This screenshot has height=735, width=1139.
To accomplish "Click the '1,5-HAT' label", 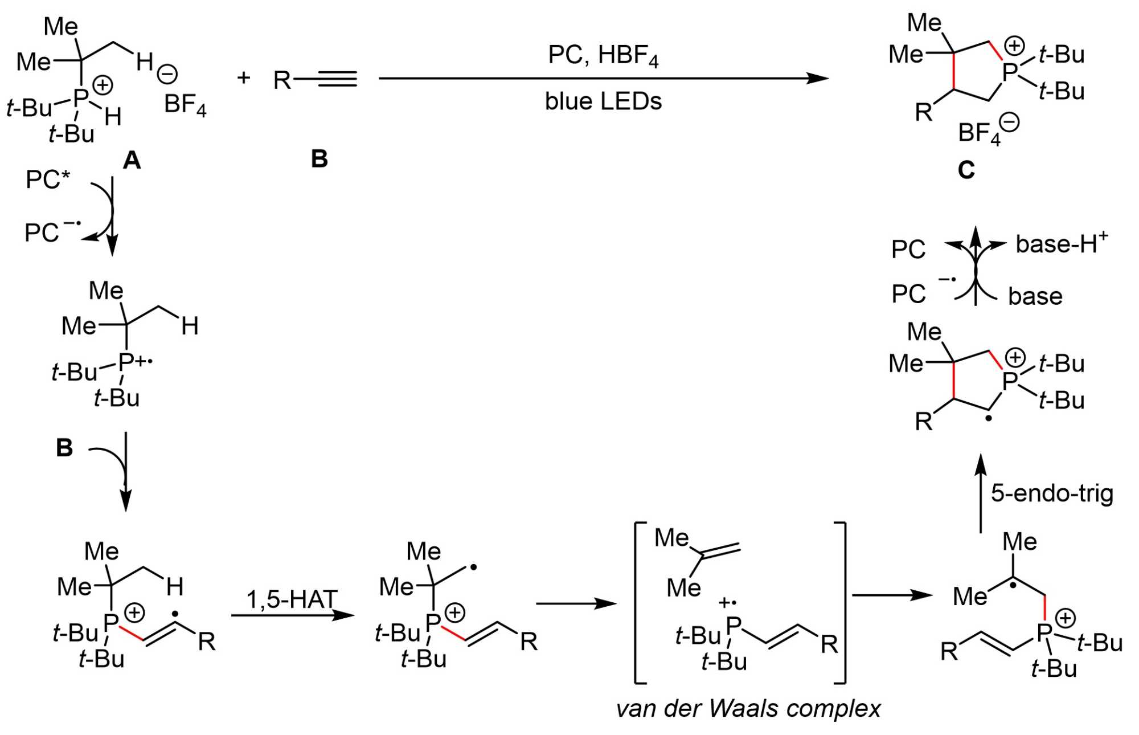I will (292, 599).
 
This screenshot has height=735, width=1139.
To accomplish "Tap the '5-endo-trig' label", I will (1051, 493).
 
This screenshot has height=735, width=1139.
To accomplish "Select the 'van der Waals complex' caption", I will (748, 709).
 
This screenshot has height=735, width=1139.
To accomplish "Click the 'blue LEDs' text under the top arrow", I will (603, 101).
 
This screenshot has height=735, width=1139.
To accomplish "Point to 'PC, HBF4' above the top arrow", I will (603, 56).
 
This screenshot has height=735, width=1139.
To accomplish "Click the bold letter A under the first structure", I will (132, 161).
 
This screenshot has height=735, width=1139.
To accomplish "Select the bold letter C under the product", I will (966, 169).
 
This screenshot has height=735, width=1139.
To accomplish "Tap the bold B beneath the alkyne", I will (319, 159).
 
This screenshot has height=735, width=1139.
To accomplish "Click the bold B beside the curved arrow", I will (64, 448).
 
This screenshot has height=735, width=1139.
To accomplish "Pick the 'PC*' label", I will (48, 179).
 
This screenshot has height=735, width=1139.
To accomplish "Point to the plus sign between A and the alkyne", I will (244, 77).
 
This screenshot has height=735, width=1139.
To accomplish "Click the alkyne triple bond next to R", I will (337, 79).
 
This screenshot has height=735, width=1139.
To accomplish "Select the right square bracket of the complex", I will (842, 602).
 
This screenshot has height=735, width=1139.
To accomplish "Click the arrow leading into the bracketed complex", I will (576, 603).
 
